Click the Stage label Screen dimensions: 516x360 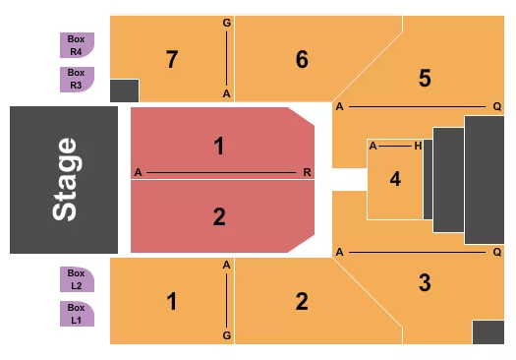(x=64, y=179)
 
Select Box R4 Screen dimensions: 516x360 (x=77, y=44)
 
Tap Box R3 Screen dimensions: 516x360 (x=77, y=79)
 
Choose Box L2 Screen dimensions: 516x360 (x=77, y=279)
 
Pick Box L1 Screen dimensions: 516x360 (x=77, y=313)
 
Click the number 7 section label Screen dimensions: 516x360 (x=172, y=59)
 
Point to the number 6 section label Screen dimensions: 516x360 (x=302, y=59)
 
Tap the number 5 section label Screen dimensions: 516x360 (x=425, y=78)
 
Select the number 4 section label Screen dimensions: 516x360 (x=395, y=179)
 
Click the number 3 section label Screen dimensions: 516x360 (x=425, y=283)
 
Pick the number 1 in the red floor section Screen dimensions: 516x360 (x=219, y=147)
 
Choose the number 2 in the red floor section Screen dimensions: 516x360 (x=219, y=215)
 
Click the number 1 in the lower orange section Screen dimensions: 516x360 (x=172, y=301)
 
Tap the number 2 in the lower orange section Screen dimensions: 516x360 (x=302, y=301)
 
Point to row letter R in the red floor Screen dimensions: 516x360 (x=308, y=172)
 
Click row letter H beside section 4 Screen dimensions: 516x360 (x=418, y=146)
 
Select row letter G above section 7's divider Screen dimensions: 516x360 (x=227, y=22)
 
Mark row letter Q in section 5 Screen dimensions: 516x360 (x=497, y=106)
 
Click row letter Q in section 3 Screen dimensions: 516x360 (x=497, y=252)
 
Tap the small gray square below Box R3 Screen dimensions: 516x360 (x=125, y=90)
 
